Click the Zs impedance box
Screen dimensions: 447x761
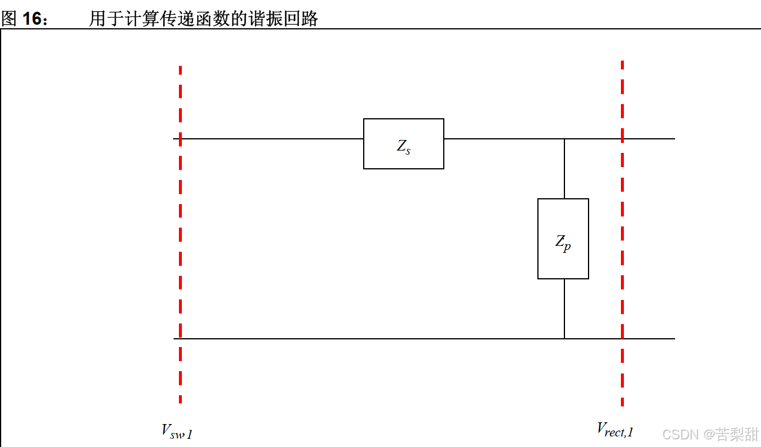403,144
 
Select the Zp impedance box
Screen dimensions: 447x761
563,238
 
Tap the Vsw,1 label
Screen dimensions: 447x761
177,432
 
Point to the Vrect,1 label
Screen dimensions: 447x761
615,430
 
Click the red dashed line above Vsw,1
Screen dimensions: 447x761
180,235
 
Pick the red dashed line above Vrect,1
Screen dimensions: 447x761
622,235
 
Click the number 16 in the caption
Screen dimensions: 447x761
34,19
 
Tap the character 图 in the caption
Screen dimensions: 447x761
9,19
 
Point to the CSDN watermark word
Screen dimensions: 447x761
680,435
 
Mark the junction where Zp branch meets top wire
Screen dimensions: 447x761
564,139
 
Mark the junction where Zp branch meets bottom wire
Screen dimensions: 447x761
564,339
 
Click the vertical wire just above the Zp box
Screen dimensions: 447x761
564,169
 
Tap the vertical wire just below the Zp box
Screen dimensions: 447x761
564,309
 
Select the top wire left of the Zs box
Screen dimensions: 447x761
271,139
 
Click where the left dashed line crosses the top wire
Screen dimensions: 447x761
180,139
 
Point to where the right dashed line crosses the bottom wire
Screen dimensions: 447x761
622,339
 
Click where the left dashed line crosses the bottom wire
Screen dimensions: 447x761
180,339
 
